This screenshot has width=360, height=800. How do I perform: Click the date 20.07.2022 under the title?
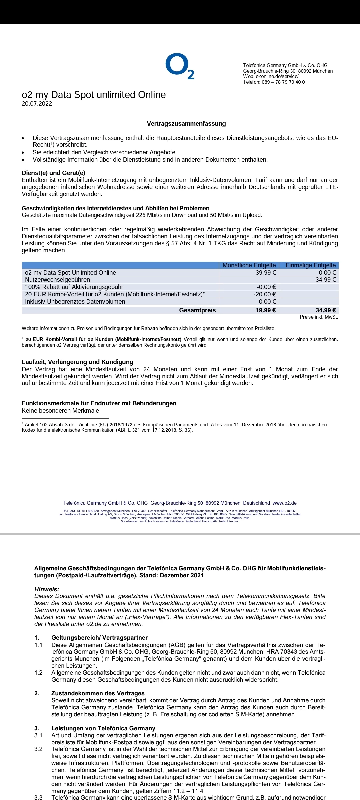point(37,104)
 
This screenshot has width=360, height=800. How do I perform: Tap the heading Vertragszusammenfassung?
point(186,124)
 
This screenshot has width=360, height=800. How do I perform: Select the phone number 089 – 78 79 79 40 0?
point(283,82)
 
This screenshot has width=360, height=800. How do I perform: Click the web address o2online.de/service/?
point(277,76)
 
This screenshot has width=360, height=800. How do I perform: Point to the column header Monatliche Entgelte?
point(249,265)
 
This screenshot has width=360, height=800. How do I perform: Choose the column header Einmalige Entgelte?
point(310,265)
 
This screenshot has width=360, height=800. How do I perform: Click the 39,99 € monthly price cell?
point(266,273)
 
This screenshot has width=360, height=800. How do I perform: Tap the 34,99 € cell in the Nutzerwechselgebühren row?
point(326,280)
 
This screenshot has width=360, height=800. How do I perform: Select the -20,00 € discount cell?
point(265,294)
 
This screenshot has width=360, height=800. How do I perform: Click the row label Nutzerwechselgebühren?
point(57,280)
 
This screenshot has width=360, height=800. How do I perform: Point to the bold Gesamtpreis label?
point(197,310)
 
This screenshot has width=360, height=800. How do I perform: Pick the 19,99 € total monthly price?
point(266,310)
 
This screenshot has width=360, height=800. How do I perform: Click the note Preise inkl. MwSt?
point(319,317)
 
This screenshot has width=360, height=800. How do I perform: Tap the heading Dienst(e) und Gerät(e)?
point(53,173)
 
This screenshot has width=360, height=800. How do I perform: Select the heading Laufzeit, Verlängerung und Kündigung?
point(77,362)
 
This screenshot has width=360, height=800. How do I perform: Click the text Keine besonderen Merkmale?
point(60,411)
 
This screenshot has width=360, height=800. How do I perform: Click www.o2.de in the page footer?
point(284,503)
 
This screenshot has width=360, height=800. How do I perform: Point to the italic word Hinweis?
point(47,589)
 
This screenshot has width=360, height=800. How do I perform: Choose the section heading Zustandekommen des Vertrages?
point(98,693)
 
